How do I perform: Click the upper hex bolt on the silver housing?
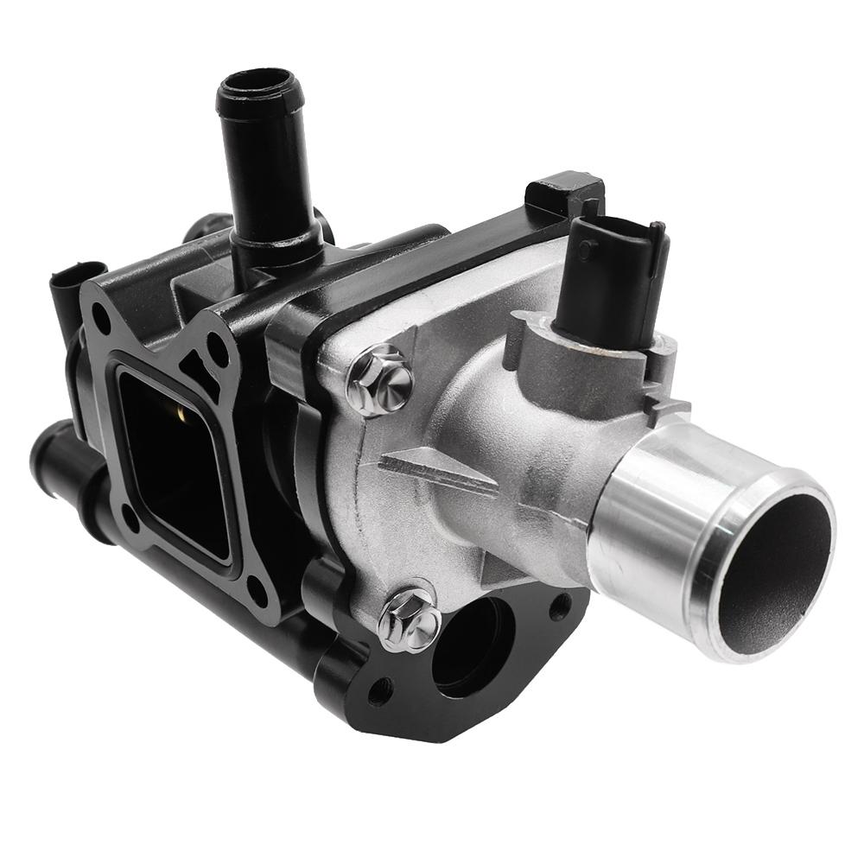tap(381, 381)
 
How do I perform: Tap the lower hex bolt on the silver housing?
tap(409, 619)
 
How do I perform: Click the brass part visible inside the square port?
tap(178, 421)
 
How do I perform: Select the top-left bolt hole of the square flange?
tap(101, 318)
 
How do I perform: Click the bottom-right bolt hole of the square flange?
tap(257, 590)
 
